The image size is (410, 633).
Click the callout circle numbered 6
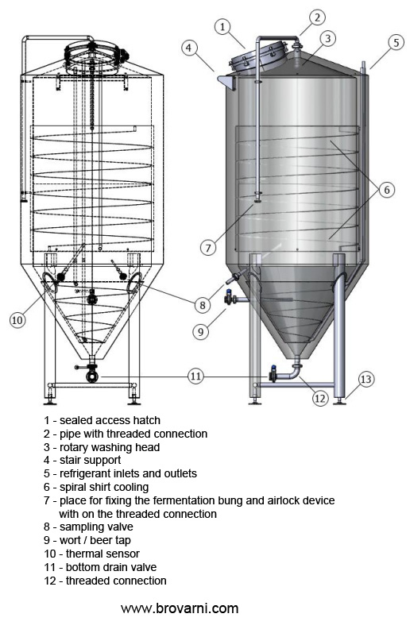point(385,190)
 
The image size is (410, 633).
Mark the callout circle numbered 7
point(207,247)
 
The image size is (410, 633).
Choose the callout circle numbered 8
point(203,303)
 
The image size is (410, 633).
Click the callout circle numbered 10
point(17,320)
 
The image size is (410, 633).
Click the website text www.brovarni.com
point(180,608)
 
